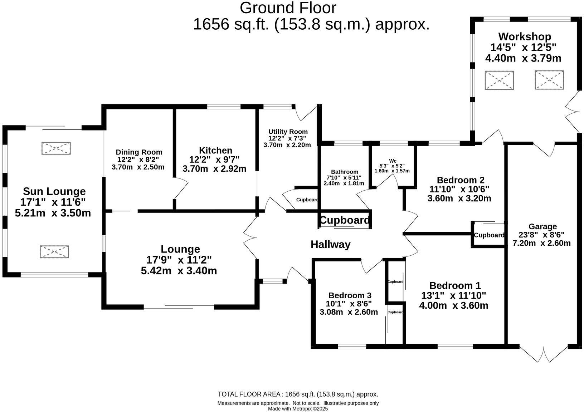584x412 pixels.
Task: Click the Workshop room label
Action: [x=525, y=36]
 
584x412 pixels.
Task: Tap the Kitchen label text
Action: [x=215, y=150]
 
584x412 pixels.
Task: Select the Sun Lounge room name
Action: [x=54, y=191]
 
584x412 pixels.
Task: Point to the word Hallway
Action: [x=330, y=244]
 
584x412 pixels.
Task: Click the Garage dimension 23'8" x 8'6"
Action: [x=542, y=235]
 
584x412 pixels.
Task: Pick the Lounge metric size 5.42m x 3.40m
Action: [x=179, y=271]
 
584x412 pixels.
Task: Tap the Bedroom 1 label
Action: [x=455, y=285]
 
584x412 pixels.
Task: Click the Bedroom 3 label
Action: [x=350, y=295]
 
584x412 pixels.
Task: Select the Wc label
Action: [x=393, y=161]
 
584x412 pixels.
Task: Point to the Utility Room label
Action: [x=288, y=132]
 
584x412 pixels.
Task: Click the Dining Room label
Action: [x=139, y=152]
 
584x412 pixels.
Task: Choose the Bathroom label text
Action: [x=344, y=172]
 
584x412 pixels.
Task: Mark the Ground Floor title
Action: [x=288, y=8]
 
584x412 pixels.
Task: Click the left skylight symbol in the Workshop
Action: [x=499, y=80]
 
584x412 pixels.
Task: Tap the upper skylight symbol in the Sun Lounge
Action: [x=56, y=148]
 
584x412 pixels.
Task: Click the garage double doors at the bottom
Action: [x=544, y=354]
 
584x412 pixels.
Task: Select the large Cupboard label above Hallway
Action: [x=344, y=220]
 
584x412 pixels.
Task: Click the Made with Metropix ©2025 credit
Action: [x=298, y=409]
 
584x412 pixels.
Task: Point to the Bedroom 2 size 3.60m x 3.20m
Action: [x=459, y=198]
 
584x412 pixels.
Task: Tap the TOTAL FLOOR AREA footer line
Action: [x=298, y=394]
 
